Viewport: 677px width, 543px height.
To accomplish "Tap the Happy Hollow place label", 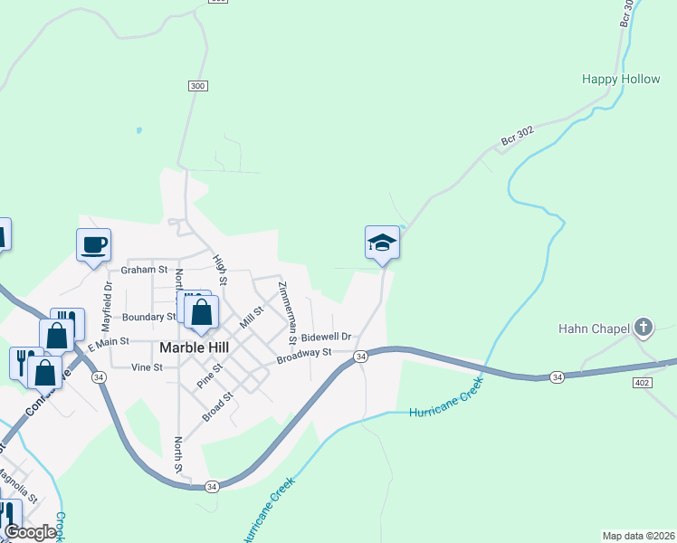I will tap(621, 80).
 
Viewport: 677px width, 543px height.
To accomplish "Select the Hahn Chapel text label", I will tap(594, 328).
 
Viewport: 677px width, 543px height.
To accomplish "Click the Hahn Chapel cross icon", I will tap(644, 327).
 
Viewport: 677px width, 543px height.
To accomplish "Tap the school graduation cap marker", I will tap(382, 243).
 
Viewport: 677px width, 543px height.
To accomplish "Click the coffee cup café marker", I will tap(93, 244).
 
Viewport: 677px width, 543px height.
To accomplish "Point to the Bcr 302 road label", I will tap(518, 136).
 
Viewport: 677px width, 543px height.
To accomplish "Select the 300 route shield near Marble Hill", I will tap(199, 86).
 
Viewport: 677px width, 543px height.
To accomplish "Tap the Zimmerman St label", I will tap(287, 313).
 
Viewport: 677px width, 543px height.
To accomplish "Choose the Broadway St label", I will tap(305, 355).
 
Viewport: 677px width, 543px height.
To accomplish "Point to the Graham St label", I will tap(145, 270).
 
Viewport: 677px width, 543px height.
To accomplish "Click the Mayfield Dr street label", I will tap(106, 303).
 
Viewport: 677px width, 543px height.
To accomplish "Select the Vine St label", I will tap(147, 367).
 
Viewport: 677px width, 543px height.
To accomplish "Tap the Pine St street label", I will tap(210, 374).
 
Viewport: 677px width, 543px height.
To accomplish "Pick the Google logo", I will tap(30, 532).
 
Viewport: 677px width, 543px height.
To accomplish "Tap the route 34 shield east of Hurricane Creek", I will tap(556, 376).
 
